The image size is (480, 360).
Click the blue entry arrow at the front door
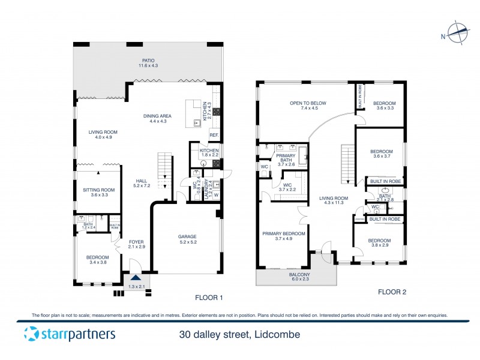pos(136,278)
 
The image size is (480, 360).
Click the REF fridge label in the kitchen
pos(213,135)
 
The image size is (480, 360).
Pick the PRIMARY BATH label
pos(286,158)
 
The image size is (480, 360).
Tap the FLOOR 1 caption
pos(209,297)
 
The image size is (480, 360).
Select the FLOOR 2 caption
pos(392,292)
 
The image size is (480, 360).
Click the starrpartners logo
pos(69,334)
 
